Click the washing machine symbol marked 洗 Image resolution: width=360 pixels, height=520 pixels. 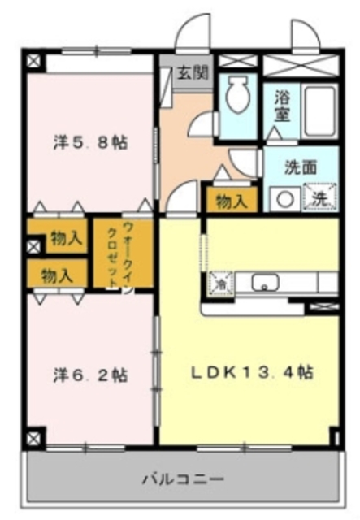[318, 197]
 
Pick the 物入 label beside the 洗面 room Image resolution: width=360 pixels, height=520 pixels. [232, 200]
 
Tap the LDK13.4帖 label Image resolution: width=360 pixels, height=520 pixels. [252, 373]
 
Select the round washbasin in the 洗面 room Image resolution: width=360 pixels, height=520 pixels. [284, 197]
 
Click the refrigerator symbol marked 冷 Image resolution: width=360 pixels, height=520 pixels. [219, 283]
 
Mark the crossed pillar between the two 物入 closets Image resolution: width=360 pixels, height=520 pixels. [32, 245]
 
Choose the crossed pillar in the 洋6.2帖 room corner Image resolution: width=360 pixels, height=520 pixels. [32, 438]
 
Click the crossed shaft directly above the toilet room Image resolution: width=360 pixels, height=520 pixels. [237, 61]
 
